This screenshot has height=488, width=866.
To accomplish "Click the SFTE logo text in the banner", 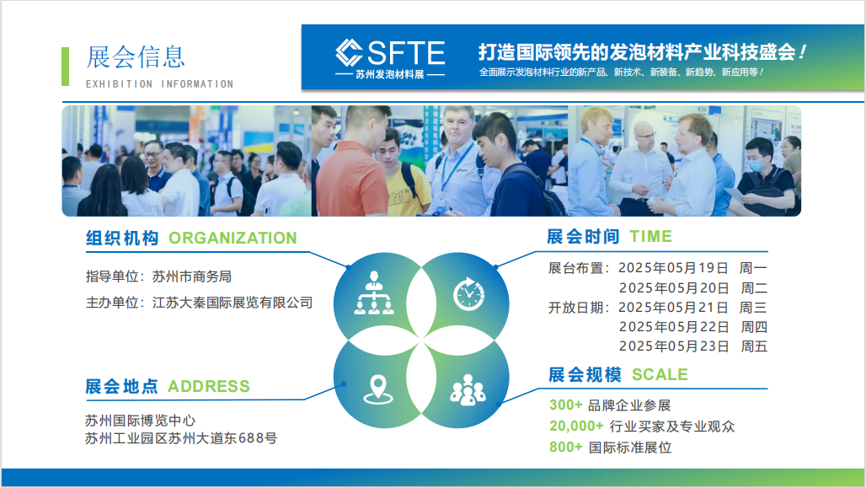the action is [405, 53].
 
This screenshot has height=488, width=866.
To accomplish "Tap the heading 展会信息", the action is [136, 57].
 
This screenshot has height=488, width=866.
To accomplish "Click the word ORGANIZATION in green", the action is [233, 239].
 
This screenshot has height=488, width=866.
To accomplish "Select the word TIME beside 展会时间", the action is [650, 237].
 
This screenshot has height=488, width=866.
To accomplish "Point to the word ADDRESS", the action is [209, 386].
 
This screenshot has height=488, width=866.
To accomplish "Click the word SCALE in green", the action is [660, 375].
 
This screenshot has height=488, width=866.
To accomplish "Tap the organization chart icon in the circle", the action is [374, 293].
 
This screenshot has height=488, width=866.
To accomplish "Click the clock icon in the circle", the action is [469, 293].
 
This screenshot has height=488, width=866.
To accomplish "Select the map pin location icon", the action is [378, 389].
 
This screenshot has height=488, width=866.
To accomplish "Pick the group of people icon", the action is [468, 390].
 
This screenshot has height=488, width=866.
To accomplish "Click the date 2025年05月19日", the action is [673, 268].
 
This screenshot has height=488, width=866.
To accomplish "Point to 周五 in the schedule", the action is [754, 346].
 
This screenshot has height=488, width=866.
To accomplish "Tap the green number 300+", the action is [565, 405].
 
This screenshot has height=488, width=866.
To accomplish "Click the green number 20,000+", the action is [576, 426].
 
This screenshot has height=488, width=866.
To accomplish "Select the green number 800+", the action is [565, 447].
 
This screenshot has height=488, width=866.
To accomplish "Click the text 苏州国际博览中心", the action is [141, 421].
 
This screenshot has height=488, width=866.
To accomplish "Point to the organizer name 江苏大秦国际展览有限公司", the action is [233, 303].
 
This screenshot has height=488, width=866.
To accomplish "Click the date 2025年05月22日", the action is [674, 327].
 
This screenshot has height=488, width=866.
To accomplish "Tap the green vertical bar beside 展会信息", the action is [65, 67].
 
